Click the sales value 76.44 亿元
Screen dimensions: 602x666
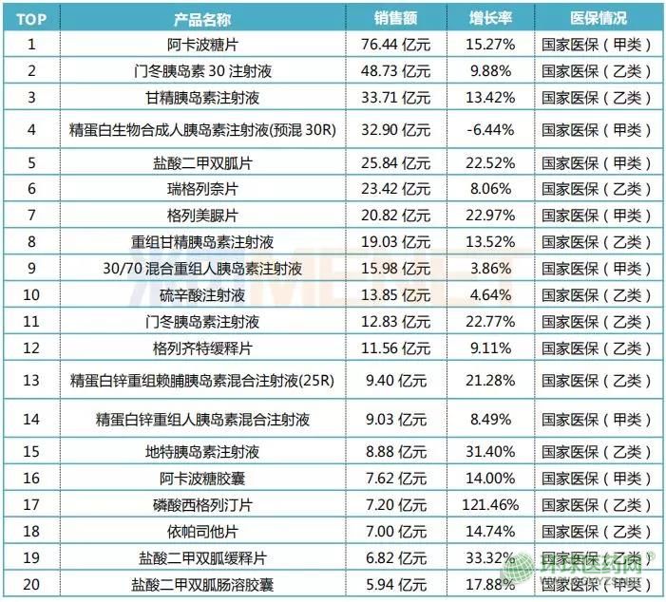point(396,44)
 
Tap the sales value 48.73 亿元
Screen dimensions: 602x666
point(396,70)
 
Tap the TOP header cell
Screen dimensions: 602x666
point(31,18)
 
